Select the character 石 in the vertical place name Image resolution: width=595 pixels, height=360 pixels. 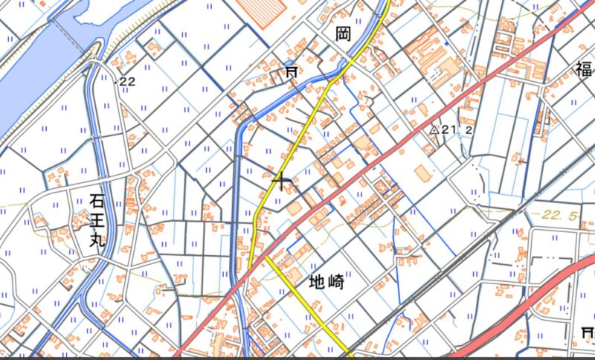click(x=97, y=200)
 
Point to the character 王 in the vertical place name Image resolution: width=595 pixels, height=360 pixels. click(x=97, y=221)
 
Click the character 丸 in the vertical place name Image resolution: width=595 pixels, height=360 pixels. click(x=97, y=242)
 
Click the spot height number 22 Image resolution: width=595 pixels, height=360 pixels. click(x=127, y=81)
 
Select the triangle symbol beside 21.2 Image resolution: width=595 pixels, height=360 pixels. click(x=434, y=129)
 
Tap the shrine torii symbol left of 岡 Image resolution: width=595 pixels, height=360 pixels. click(x=291, y=71)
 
